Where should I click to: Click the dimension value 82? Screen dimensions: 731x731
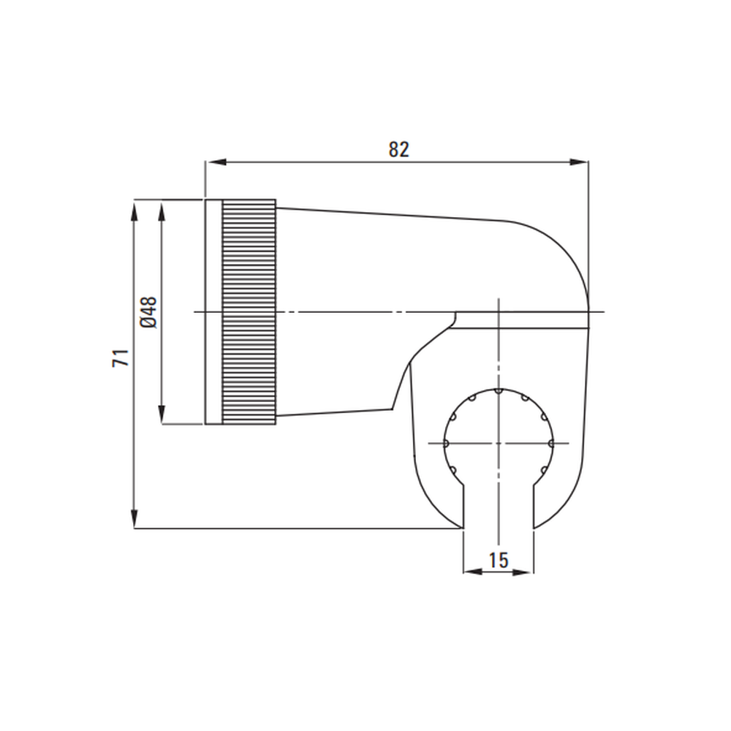coord(398,149)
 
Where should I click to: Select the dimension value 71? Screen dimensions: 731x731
coord(121,358)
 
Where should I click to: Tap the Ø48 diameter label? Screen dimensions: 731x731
coord(148,312)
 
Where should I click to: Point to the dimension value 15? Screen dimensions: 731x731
coord(498,560)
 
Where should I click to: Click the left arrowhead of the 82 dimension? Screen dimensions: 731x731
coord(216,162)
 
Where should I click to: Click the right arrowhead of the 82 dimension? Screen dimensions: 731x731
coord(578,162)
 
